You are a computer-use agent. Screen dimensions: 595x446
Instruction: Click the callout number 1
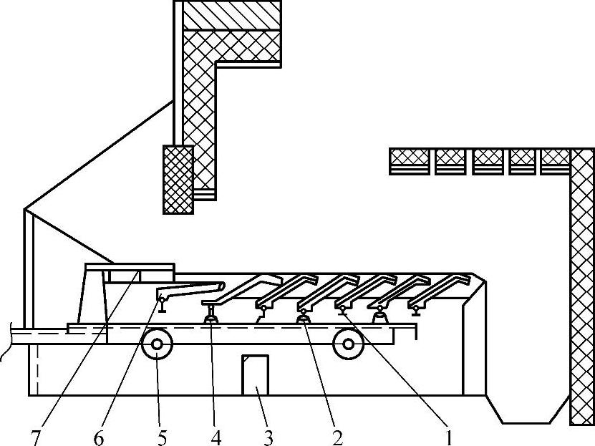pyautogui.click(x=450, y=436)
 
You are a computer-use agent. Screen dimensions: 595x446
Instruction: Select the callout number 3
pyautogui.click(x=269, y=436)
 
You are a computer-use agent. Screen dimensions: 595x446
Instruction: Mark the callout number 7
pyautogui.click(x=36, y=436)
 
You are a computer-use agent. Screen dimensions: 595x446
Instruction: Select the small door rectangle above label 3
pyautogui.click(x=256, y=374)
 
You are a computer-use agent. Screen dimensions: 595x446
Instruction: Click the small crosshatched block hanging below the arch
pyautogui.click(x=178, y=179)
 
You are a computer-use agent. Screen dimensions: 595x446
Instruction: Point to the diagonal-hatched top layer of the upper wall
pyautogui.click(x=231, y=14)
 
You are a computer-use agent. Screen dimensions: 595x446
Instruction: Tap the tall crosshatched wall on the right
pyautogui.click(x=582, y=286)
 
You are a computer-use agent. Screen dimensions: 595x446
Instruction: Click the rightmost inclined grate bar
pyautogui.click(x=440, y=288)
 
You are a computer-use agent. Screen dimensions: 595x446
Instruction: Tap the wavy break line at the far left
pyautogui.click(x=6, y=346)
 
